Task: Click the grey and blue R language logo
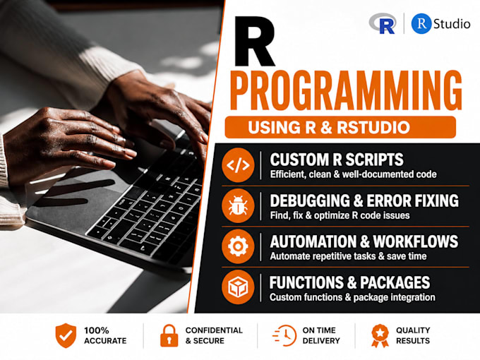pyautogui.click(x=383, y=23)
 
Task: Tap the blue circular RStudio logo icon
pyautogui.click(x=421, y=23)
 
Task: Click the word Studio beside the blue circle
pyautogui.click(x=452, y=24)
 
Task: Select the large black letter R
pyautogui.click(x=254, y=42)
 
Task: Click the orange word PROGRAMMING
pyautogui.click(x=346, y=90)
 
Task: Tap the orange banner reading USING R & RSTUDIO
pyautogui.click(x=340, y=127)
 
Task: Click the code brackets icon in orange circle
pyautogui.click(x=238, y=165)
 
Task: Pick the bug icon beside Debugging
pyautogui.click(x=238, y=205)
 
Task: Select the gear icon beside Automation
pyautogui.click(x=238, y=246)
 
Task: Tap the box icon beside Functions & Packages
pyautogui.click(x=238, y=287)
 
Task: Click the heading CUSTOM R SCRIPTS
pyautogui.click(x=337, y=160)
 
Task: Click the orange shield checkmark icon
pyautogui.click(x=66, y=335)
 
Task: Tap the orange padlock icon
pyautogui.click(x=169, y=336)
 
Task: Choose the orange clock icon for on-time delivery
pyautogui.click(x=284, y=335)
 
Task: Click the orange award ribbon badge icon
pyautogui.click(x=380, y=336)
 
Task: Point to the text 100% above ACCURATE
pyautogui.click(x=97, y=330)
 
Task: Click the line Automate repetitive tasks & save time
pyautogui.click(x=348, y=256)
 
